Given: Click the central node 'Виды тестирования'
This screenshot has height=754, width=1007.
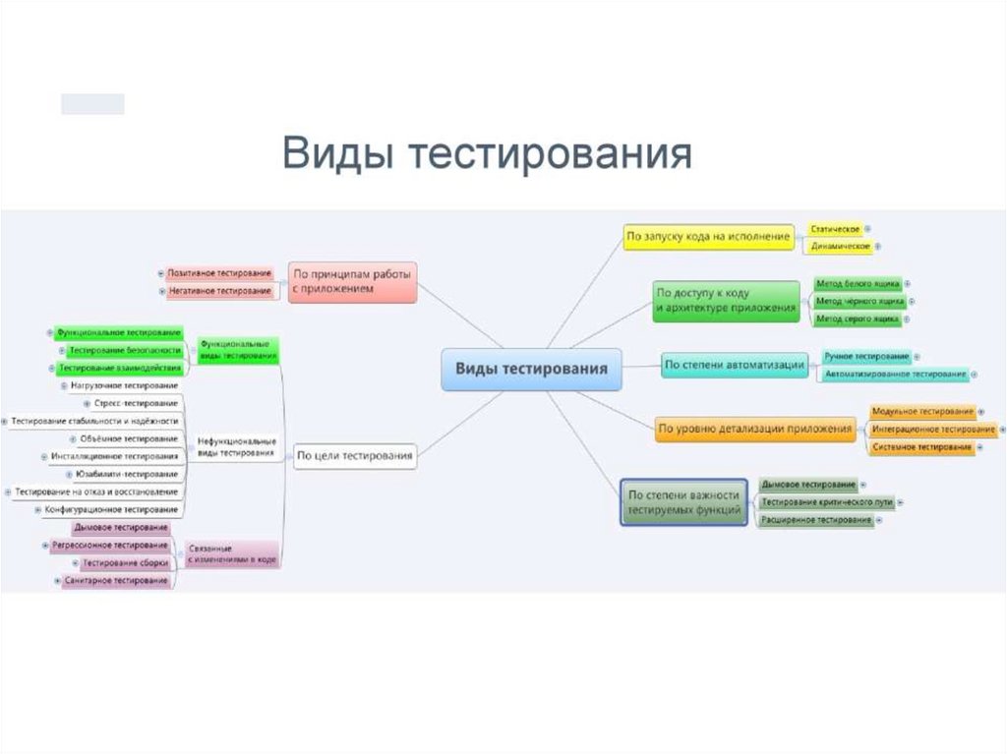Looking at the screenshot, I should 531,369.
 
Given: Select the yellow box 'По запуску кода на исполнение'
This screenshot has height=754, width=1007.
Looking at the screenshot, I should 709,236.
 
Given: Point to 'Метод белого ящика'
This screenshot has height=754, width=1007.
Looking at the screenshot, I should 858,283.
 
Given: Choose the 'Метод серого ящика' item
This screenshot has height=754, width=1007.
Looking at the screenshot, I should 858,319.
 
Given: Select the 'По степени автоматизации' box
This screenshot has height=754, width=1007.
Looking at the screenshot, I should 735,365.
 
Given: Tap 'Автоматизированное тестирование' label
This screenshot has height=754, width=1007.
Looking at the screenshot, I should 895,375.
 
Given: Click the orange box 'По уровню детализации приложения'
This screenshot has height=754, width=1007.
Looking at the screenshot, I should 755,429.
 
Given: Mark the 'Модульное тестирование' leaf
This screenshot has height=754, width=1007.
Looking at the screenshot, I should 921,411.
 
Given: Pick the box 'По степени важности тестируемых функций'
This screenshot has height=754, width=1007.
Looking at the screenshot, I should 684,502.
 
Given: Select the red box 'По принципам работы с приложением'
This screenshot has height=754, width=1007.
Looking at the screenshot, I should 352,282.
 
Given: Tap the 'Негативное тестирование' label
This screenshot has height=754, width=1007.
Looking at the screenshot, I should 219,291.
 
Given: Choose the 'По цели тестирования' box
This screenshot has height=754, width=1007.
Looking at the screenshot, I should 355,455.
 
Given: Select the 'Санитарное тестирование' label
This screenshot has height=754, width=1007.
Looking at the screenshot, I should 115,581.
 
